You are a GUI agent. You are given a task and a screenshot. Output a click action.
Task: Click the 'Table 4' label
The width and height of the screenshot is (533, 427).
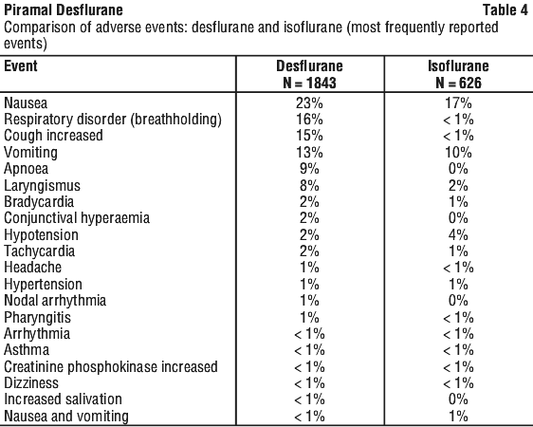tap(505, 9)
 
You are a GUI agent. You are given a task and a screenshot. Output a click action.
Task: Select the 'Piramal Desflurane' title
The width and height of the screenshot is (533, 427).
tap(64, 9)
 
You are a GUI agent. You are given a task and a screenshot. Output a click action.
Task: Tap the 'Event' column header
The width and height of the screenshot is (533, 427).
tap(21, 65)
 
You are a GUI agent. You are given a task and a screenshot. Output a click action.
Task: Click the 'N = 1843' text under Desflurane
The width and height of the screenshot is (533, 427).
tap(309, 83)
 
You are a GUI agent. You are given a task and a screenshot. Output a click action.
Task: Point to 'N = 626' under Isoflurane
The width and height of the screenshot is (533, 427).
tap(458, 83)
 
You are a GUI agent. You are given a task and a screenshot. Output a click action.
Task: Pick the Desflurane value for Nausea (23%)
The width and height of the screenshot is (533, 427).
tap(309, 102)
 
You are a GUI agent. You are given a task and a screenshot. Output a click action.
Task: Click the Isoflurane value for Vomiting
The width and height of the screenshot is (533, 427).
tap(458, 153)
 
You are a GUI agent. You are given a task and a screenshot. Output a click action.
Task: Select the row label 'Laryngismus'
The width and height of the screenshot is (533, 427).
tap(42, 186)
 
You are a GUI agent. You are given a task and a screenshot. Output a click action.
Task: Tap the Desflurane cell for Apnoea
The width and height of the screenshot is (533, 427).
tap(309, 169)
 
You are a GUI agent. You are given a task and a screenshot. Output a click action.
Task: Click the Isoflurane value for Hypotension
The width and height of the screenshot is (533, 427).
tap(458, 235)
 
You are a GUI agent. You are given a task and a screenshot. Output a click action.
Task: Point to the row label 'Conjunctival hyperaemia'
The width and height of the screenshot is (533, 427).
tap(77, 218)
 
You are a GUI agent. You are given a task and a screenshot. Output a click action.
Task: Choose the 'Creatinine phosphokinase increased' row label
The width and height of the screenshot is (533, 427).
tap(110, 367)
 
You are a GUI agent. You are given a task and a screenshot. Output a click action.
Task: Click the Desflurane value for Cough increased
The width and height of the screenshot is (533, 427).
tap(309, 136)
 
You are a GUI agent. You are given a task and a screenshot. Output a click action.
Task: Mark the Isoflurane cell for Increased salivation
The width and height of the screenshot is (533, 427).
tap(458, 399)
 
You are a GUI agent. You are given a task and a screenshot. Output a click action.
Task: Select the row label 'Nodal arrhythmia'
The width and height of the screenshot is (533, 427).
tap(55, 301)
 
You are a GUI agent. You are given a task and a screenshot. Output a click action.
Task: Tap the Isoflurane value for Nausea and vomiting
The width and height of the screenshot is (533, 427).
tap(458, 417)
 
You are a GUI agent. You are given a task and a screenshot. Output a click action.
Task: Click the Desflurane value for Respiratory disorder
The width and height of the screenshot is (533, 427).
tap(309, 120)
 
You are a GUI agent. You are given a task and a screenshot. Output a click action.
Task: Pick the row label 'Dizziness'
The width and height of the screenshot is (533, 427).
tap(31, 383)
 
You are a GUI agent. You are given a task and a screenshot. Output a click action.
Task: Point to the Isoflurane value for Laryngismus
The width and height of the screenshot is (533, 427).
tap(458, 186)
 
